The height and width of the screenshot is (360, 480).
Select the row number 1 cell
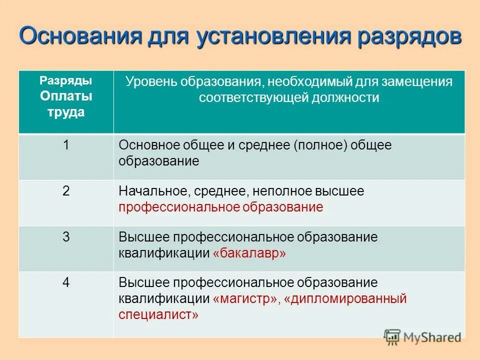(66, 145)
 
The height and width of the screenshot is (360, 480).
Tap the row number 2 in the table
(66, 191)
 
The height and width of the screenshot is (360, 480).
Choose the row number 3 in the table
(66, 237)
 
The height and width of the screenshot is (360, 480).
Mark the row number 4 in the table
(66, 282)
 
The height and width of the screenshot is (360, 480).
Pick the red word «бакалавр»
(249, 253)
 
